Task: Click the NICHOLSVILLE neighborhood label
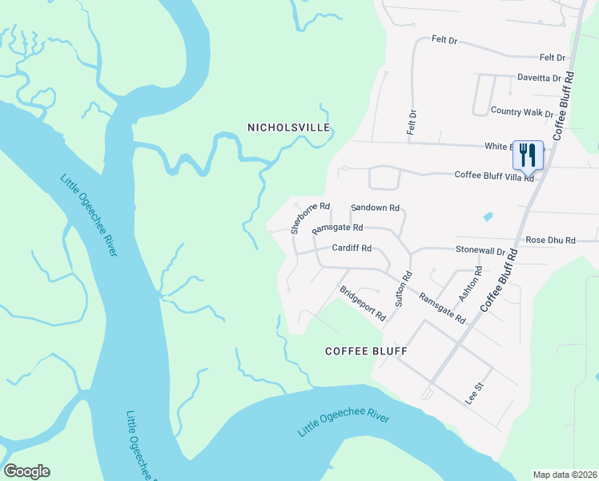tap(288, 127)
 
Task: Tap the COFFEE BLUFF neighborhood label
tap(367, 351)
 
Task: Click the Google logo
tap(26, 471)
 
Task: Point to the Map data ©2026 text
tap(565, 475)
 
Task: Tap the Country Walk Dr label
tap(522, 111)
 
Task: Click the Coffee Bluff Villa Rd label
tap(494, 176)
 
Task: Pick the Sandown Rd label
tap(375, 208)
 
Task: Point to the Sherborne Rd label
tap(310, 217)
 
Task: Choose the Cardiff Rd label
tap(352, 248)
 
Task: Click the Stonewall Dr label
tap(480, 250)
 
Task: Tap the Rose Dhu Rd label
tap(550, 240)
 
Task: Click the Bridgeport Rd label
tap(363, 303)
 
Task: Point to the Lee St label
tap(476, 394)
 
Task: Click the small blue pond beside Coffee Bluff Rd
tap(488, 216)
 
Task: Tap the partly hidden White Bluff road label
tap(498, 147)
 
